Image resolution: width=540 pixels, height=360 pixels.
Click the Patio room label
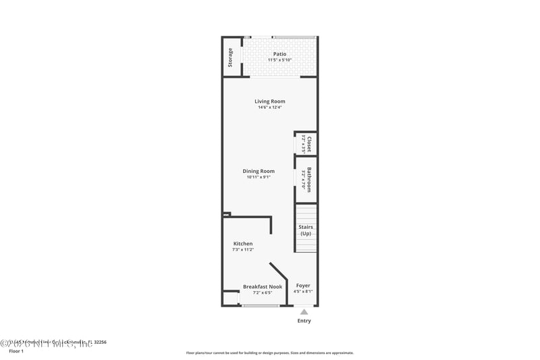(279, 54)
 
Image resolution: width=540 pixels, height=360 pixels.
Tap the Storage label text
(230, 57)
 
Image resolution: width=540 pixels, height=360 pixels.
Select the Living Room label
(269, 101)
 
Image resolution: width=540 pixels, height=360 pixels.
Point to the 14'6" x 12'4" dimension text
(269, 107)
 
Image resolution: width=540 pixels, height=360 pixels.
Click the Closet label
(309, 143)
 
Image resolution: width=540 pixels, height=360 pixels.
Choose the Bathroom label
(309, 180)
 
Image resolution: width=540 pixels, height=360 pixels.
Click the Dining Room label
(259, 171)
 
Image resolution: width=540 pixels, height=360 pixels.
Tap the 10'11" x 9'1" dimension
(259, 177)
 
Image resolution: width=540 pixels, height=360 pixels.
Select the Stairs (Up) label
(306, 230)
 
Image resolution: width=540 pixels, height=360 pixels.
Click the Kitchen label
(243, 243)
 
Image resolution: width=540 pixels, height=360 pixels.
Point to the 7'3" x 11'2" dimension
(243, 249)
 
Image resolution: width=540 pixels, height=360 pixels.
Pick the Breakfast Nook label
(263, 286)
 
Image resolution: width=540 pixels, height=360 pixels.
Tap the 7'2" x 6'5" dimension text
(263, 292)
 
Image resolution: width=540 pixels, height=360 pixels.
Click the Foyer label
(303, 286)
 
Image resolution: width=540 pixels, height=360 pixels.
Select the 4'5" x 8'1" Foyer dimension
(303, 292)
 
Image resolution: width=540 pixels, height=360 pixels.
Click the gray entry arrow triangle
(304, 312)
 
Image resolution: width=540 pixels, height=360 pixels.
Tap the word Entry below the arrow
(304, 321)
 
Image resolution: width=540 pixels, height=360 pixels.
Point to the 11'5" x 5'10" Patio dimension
(279, 60)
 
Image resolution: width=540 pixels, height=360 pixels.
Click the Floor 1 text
(16, 351)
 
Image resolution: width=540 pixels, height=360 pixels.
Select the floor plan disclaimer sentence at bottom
(269, 353)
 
